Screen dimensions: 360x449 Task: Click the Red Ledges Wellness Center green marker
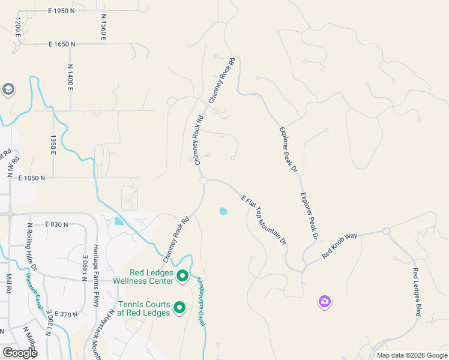(x=182, y=277)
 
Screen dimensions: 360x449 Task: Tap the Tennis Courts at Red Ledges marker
(x=179, y=308)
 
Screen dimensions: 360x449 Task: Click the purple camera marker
(x=325, y=301)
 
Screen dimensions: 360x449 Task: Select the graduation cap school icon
(x=8, y=90)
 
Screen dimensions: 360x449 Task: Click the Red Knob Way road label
(x=339, y=246)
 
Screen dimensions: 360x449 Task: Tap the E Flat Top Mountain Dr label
(x=264, y=220)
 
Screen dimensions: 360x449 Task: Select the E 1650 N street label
(x=61, y=44)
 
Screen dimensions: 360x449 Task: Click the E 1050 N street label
(x=32, y=178)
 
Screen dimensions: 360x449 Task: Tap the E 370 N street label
(x=67, y=314)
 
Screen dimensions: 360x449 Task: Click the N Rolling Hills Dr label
(x=32, y=247)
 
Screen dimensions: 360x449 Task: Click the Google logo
(x=20, y=353)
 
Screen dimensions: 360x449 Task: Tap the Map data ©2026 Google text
(x=411, y=355)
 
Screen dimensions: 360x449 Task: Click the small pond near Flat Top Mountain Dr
(x=224, y=211)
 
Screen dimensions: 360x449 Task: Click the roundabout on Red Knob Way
(x=386, y=231)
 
